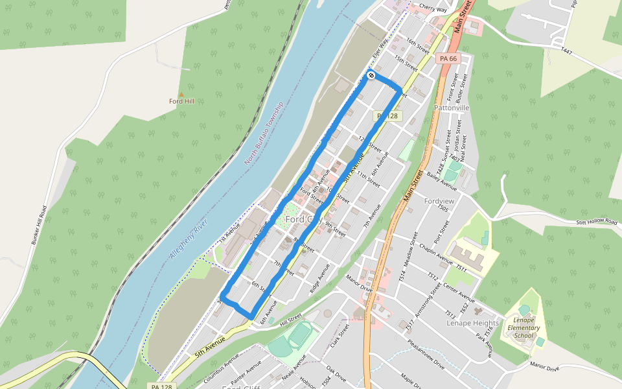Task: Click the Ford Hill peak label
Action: coord(181,101)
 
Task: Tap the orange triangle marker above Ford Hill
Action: coord(181,94)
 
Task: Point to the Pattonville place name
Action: coord(452,108)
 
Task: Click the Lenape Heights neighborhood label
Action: coord(472,323)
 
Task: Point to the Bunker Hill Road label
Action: coord(40,225)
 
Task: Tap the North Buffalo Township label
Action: coord(264,132)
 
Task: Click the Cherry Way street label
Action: coord(433,9)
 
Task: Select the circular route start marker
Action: coord(371,76)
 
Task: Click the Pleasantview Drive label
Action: coord(422,357)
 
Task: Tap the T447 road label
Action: coord(568,50)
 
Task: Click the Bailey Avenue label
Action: coord(442,183)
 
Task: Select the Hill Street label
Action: coord(290,318)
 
